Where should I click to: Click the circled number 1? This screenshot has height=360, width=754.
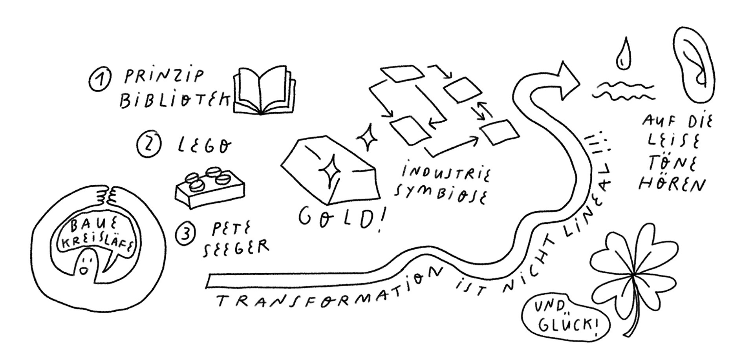99,80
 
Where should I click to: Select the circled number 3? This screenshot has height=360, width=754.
185,235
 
